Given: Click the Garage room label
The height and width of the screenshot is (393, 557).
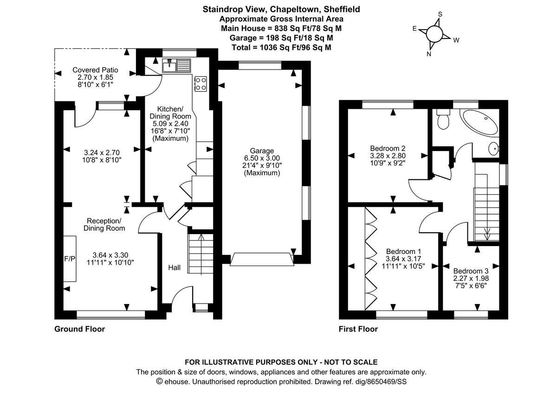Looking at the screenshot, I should (x=262, y=151).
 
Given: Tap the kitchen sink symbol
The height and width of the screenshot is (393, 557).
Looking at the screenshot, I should (x=176, y=66).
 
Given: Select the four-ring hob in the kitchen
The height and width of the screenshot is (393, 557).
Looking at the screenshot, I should (x=201, y=83).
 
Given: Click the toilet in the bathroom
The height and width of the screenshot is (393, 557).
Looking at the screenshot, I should (x=443, y=120).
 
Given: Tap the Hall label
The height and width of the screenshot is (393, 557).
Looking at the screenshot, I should (x=174, y=267).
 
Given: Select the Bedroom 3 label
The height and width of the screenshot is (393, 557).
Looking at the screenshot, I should (x=471, y=271).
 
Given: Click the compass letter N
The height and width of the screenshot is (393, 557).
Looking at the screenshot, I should (x=429, y=54).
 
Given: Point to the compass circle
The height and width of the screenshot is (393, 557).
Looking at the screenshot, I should (x=434, y=34).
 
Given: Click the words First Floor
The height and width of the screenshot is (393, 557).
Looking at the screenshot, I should (x=358, y=329).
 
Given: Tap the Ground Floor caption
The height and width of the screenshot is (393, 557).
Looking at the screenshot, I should (x=79, y=329).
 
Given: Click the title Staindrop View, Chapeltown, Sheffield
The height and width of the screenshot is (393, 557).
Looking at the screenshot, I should (x=281, y=9).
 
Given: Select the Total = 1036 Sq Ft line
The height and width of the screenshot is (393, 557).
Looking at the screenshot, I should (x=281, y=47).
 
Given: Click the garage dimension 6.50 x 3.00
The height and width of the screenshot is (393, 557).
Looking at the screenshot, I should (x=262, y=158).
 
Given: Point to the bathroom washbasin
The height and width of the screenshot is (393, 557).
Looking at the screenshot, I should (x=493, y=149).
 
